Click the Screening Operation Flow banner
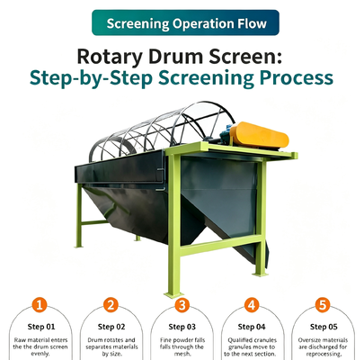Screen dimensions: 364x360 click(185, 22)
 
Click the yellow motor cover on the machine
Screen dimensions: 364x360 click(260, 135)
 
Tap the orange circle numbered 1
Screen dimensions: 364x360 click(40, 305)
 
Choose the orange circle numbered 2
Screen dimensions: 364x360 click(111, 305)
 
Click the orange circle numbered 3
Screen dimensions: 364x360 click(182, 305)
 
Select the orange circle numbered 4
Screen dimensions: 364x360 click(252, 305)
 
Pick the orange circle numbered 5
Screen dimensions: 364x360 click(323, 305)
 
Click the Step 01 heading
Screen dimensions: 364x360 click(41, 327)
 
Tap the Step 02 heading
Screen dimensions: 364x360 click(111, 327)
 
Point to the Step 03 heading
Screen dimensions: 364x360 click(182, 327)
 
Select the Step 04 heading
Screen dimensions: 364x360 click(252, 327)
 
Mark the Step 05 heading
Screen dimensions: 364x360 click(324, 327)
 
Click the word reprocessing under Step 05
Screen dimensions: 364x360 click(324, 355)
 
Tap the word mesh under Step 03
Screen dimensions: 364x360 click(182, 354)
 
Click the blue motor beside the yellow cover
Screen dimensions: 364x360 click(226, 134)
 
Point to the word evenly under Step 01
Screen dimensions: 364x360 click(40, 354)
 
